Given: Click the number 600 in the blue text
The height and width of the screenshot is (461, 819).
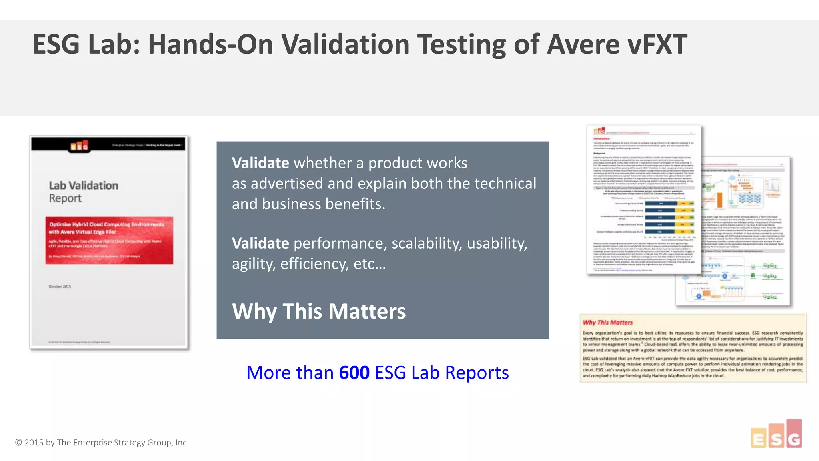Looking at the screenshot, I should point(354,373).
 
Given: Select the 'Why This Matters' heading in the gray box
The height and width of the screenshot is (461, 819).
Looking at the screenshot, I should point(319,311).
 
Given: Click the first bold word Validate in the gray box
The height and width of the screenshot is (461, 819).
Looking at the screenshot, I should point(260,163).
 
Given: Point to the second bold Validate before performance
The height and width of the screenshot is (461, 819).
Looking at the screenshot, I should point(260,243).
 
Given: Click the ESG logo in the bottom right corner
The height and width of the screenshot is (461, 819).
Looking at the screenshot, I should point(776,435).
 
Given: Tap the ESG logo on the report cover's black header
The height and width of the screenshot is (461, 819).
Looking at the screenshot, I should point(80,146).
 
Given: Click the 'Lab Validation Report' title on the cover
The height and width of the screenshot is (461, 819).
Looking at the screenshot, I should point(83,192).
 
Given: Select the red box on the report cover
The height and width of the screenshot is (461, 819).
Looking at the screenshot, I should point(109,241).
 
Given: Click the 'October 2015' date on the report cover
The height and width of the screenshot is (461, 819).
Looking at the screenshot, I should point(60,287).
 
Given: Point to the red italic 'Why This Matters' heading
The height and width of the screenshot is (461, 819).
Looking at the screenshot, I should point(607,323).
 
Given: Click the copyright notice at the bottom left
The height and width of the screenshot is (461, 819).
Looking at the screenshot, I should point(102,443).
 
